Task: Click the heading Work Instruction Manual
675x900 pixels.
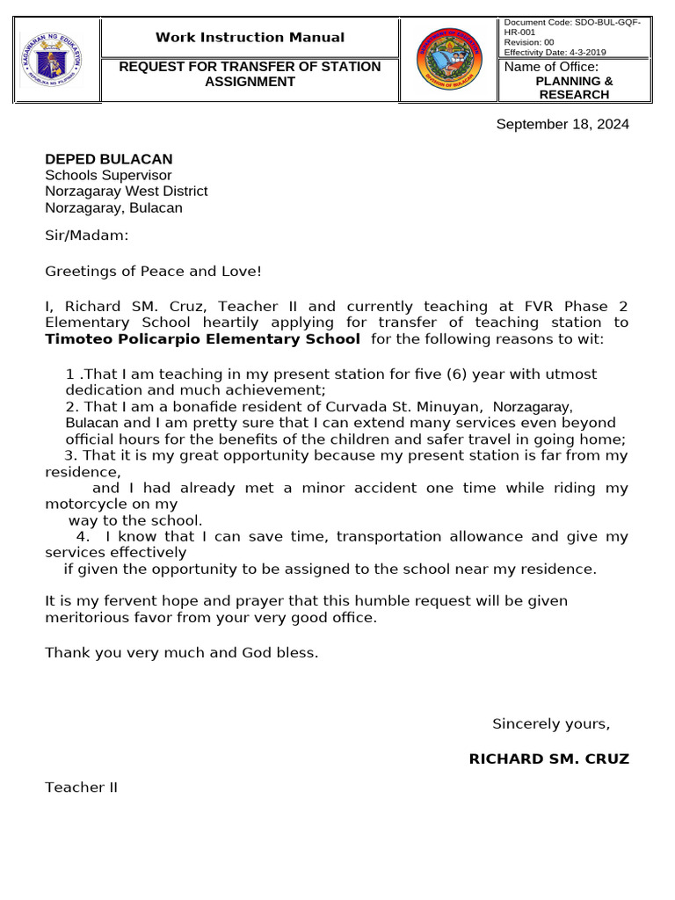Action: pyautogui.click(x=250, y=37)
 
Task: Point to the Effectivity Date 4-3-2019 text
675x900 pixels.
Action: pyautogui.click(x=555, y=52)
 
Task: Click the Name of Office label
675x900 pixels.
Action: pyautogui.click(x=551, y=67)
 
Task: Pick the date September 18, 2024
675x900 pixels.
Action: pyautogui.click(x=562, y=124)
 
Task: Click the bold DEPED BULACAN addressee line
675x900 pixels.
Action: pyautogui.click(x=109, y=159)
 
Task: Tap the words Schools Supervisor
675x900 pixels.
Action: pyautogui.click(x=108, y=175)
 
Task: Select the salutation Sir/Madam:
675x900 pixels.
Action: pyautogui.click(x=86, y=235)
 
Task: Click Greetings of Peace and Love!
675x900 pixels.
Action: pyautogui.click(x=153, y=271)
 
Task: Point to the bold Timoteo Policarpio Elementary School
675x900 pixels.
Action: pyautogui.click(x=202, y=338)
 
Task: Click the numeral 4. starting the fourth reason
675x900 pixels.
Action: pyautogui.click(x=83, y=536)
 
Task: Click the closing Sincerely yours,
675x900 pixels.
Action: pyautogui.click(x=550, y=723)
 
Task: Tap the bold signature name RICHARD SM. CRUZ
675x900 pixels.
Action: pyautogui.click(x=548, y=758)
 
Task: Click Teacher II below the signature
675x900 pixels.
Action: pyautogui.click(x=81, y=787)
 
